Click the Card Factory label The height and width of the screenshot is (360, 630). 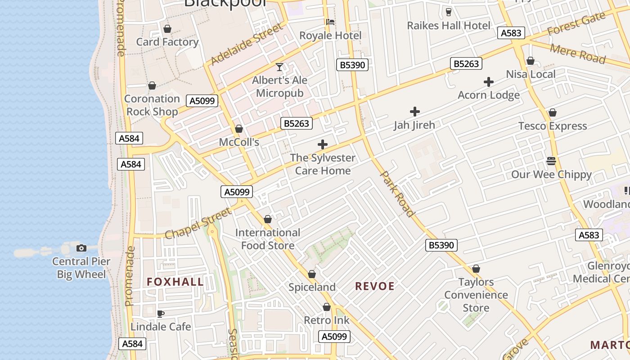(x=167, y=42)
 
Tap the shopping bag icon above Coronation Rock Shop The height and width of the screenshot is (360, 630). (x=152, y=85)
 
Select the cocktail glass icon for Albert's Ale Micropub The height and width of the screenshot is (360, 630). (x=279, y=67)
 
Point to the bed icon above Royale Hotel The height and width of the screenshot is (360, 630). (x=330, y=22)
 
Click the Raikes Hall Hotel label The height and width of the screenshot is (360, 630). (x=448, y=26)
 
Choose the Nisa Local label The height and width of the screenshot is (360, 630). (x=531, y=74)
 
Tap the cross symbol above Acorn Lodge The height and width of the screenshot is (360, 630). (x=489, y=82)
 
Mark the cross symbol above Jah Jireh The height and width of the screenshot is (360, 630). (x=414, y=112)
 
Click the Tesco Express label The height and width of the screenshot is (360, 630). (x=552, y=126)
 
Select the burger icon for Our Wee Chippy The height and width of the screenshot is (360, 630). (x=551, y=161)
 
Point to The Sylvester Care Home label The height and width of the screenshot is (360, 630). (x=323, y=164)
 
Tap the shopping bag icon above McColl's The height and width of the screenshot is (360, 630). (x=239, y=129)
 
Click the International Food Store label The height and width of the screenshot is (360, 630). (x=268, y=239)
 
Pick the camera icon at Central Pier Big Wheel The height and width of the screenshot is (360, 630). (x=81, y=248)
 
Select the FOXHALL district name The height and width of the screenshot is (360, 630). (x=175, y=282)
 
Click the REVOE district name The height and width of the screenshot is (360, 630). (x=375, y=286)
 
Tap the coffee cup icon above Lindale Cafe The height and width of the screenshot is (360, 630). (x=161, y=314)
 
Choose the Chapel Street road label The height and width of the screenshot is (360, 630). (x=198, y=224)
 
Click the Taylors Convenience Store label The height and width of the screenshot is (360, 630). (x=476, y=295)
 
